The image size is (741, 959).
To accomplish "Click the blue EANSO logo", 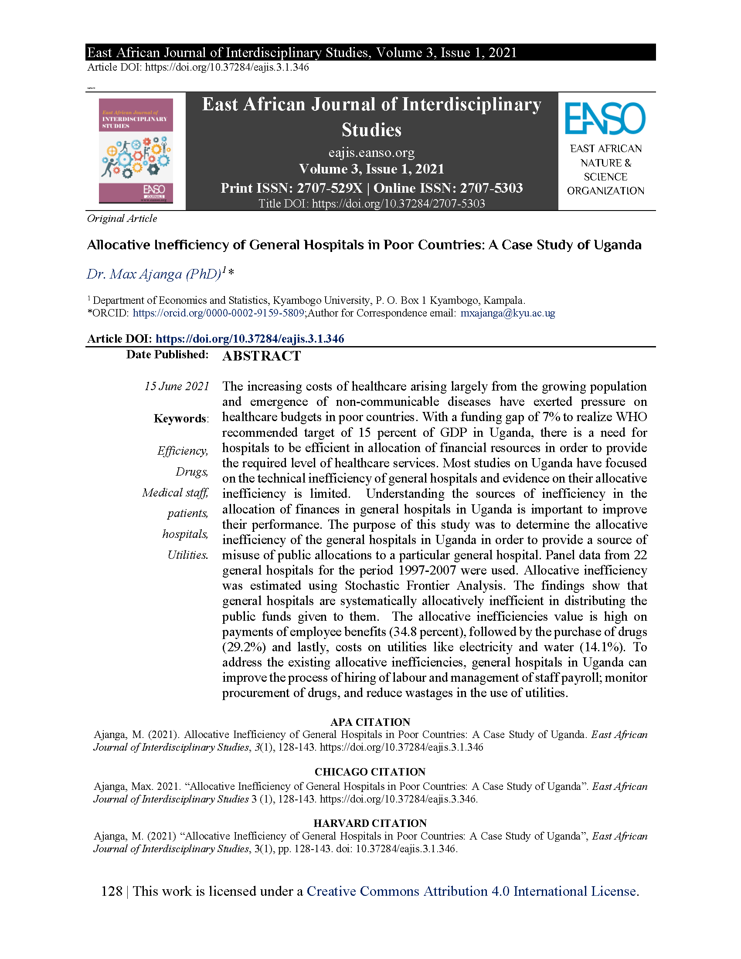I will click(x=605, y=118).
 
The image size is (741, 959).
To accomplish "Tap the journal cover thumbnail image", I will click(x=136, y=151).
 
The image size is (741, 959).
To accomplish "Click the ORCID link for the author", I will click(x=218, y=313).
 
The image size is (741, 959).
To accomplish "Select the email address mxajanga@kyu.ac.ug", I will click(x=507, y=313).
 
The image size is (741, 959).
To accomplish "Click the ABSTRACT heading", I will click(x=261, y=356).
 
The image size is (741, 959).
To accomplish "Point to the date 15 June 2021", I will click(x=177, y=386).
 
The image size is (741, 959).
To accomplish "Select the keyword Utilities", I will click(x=187, y=555).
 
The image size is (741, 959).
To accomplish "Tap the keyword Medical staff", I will click(x=175, y=493).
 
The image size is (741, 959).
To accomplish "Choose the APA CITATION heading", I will click(x=370, y=722).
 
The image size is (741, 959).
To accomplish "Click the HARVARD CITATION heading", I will click(x=370, y=823).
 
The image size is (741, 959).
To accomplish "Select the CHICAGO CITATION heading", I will click(x=370, y=772).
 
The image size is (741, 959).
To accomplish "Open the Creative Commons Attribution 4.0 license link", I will click(x=472, y=891).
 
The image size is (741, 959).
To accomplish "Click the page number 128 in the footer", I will click(x=112, y=891).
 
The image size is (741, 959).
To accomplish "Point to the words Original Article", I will click(x=122, y=218).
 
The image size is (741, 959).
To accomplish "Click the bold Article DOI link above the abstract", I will click(x=250, y=339).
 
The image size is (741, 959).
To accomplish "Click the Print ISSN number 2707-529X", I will click(x=329, y=188).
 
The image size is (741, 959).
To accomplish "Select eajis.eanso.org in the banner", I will click(x=371, y=153).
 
